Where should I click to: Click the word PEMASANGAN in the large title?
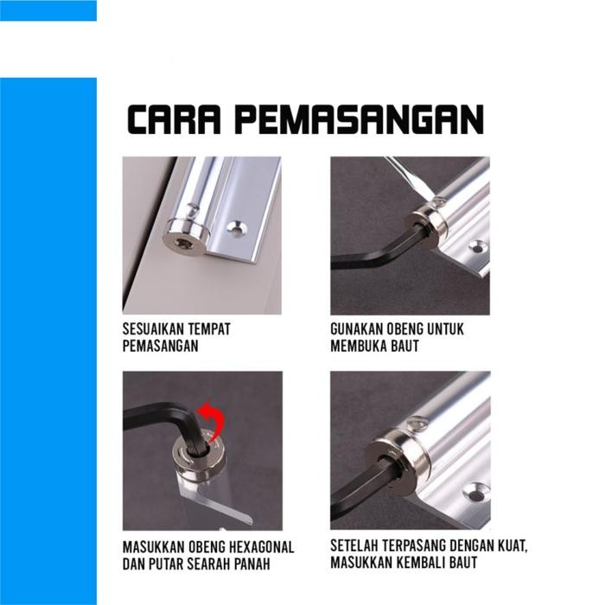360,120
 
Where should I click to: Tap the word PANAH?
254,564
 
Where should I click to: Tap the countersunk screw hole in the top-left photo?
235,229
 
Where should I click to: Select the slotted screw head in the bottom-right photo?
417,423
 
